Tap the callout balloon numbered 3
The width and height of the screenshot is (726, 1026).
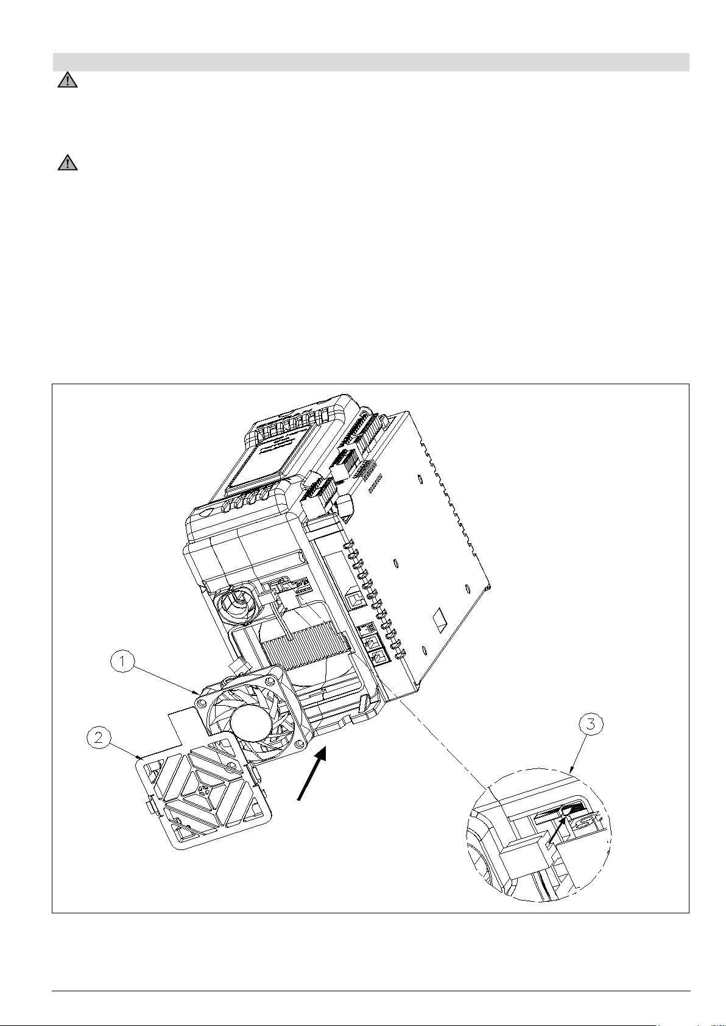(591, 724)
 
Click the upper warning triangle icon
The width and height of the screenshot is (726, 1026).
(68, 80)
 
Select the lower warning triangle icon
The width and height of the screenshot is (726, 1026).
(68, 163)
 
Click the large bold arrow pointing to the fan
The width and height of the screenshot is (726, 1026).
(312, 773)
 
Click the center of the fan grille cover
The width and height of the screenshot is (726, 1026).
(205, 789)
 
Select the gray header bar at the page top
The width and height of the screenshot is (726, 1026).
(371, 62)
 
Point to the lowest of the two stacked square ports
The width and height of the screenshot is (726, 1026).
(379, 658)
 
